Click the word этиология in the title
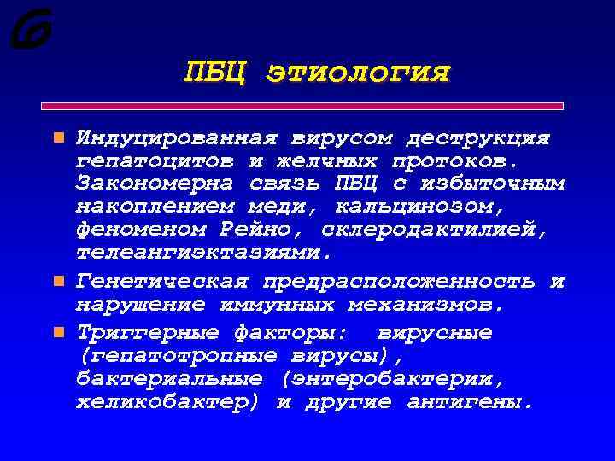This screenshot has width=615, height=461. [x=358, y=73]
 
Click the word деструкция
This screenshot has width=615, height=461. [x=478, y=137]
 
